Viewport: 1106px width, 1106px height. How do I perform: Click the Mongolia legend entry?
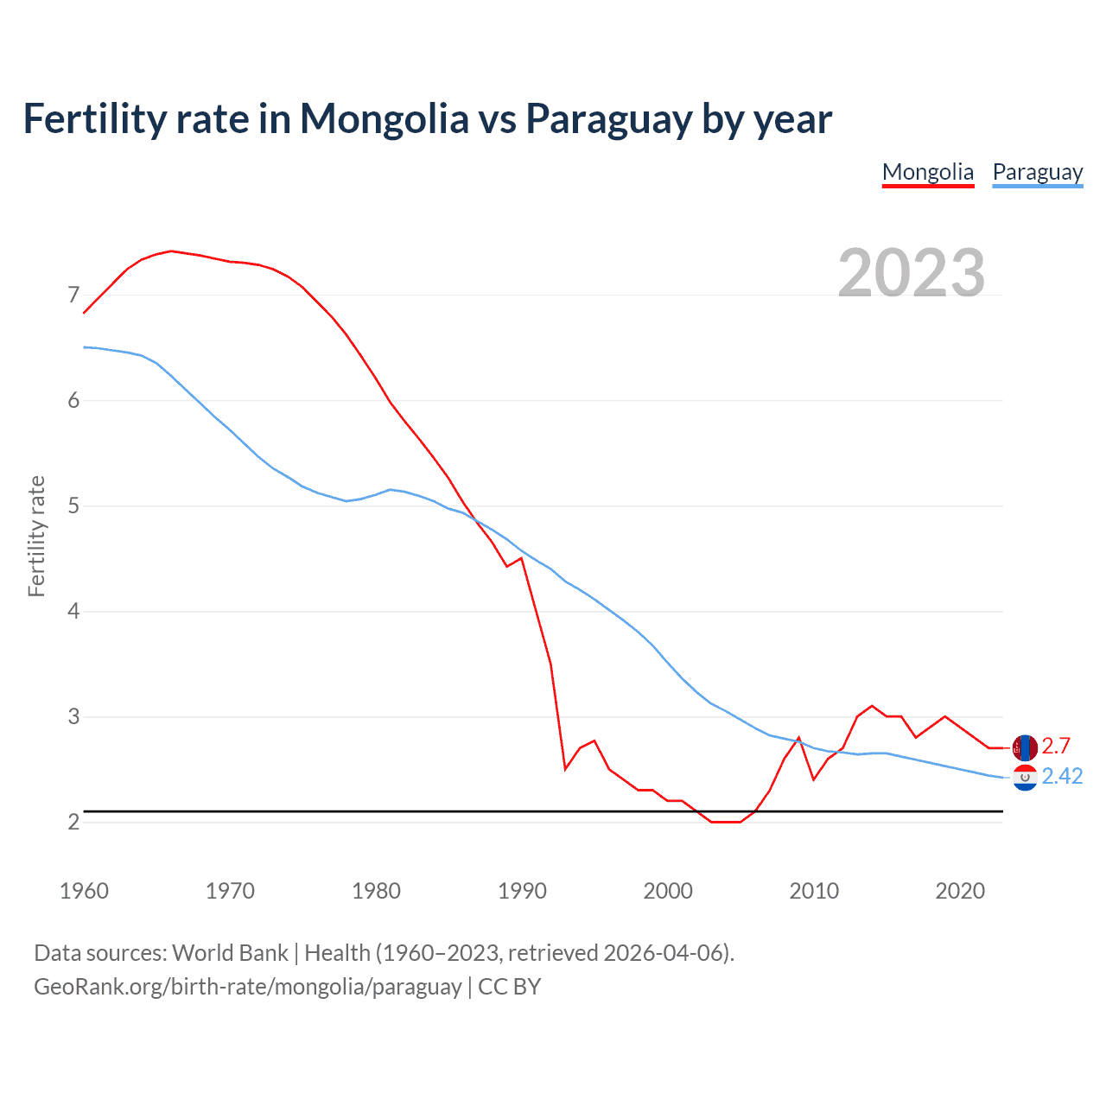(927, 172)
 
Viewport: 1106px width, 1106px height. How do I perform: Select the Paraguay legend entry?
(1037, 172)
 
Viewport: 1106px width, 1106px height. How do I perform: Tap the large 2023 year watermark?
(912, 273)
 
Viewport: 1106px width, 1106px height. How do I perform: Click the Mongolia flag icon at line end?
(1025, 747)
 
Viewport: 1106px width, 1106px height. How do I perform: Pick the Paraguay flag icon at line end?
(1025, 778)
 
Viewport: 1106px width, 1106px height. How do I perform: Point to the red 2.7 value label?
(1056, 746)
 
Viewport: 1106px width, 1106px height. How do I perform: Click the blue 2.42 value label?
(1062, 777)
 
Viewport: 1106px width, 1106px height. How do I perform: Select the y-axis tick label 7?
(73, 296)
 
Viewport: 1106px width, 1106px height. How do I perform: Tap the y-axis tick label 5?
(73, 505)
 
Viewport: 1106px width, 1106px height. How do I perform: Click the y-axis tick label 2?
(73, 822)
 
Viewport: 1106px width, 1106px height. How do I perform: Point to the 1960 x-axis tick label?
(84, 891)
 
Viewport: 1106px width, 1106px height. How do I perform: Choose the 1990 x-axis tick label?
(522, 891)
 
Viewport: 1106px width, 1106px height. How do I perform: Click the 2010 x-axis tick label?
(814, 891)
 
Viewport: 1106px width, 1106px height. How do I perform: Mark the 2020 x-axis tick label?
(960, 891)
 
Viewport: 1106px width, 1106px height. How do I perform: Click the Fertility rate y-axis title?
(36, 536)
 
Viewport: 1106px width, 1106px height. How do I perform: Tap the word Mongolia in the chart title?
(384, 118)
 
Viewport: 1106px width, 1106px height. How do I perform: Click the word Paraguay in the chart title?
(608, 118)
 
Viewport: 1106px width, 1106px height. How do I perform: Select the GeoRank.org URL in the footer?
(247, 987)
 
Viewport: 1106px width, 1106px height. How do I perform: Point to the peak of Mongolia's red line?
(171, 251)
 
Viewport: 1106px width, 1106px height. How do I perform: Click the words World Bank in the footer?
(230, 953)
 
